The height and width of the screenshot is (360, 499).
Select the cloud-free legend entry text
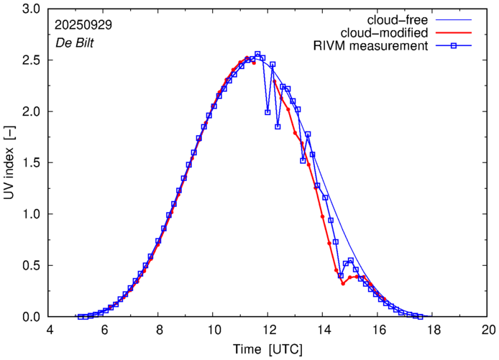400,19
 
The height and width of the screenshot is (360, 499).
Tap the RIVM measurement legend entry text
371,46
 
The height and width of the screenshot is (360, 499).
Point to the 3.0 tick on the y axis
31,9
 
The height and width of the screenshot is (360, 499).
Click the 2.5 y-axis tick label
31,60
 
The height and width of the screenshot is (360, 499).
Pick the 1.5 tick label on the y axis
31,163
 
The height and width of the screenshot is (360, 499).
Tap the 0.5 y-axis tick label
31,266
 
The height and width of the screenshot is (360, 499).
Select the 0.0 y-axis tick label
31,317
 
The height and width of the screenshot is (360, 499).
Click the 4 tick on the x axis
50,330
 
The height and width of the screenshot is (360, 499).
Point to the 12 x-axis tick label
269,330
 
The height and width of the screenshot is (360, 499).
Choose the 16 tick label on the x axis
379,330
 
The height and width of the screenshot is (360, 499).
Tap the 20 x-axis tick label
488,330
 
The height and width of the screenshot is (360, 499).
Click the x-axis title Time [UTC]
267,349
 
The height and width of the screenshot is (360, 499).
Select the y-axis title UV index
9,163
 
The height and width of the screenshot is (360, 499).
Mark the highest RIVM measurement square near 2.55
257,55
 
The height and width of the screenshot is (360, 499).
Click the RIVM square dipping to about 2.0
267,112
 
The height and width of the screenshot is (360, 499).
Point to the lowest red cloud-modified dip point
343,283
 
